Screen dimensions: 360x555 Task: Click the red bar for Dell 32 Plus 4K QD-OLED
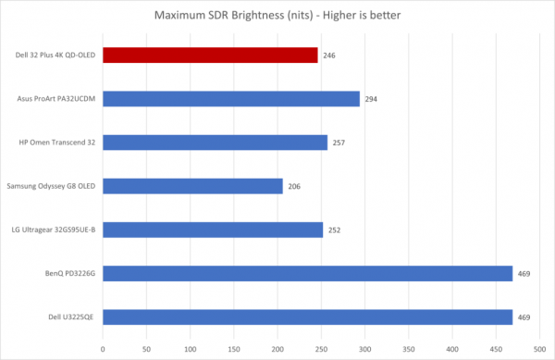tap(210, 55)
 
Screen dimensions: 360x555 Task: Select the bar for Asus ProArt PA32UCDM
tap(230, 98)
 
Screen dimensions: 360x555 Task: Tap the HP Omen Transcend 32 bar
tap(215, 143)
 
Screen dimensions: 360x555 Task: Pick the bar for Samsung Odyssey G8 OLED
tap(192, 186)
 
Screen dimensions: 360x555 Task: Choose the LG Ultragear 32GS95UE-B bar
tap(213, 230)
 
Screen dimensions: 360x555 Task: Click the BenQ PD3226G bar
tap(307, 273)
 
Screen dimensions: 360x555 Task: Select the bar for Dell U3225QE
tap(307, 317)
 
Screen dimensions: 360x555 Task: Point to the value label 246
tap(329, 56)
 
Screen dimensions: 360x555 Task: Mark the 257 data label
tap(339, 143)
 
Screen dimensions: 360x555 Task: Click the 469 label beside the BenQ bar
tap(524, 274)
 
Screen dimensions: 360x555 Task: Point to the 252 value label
tap(334, 230)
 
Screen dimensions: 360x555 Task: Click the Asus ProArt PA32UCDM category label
tap(57, 99)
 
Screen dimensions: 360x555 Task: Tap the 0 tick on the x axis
tap(103, 348)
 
